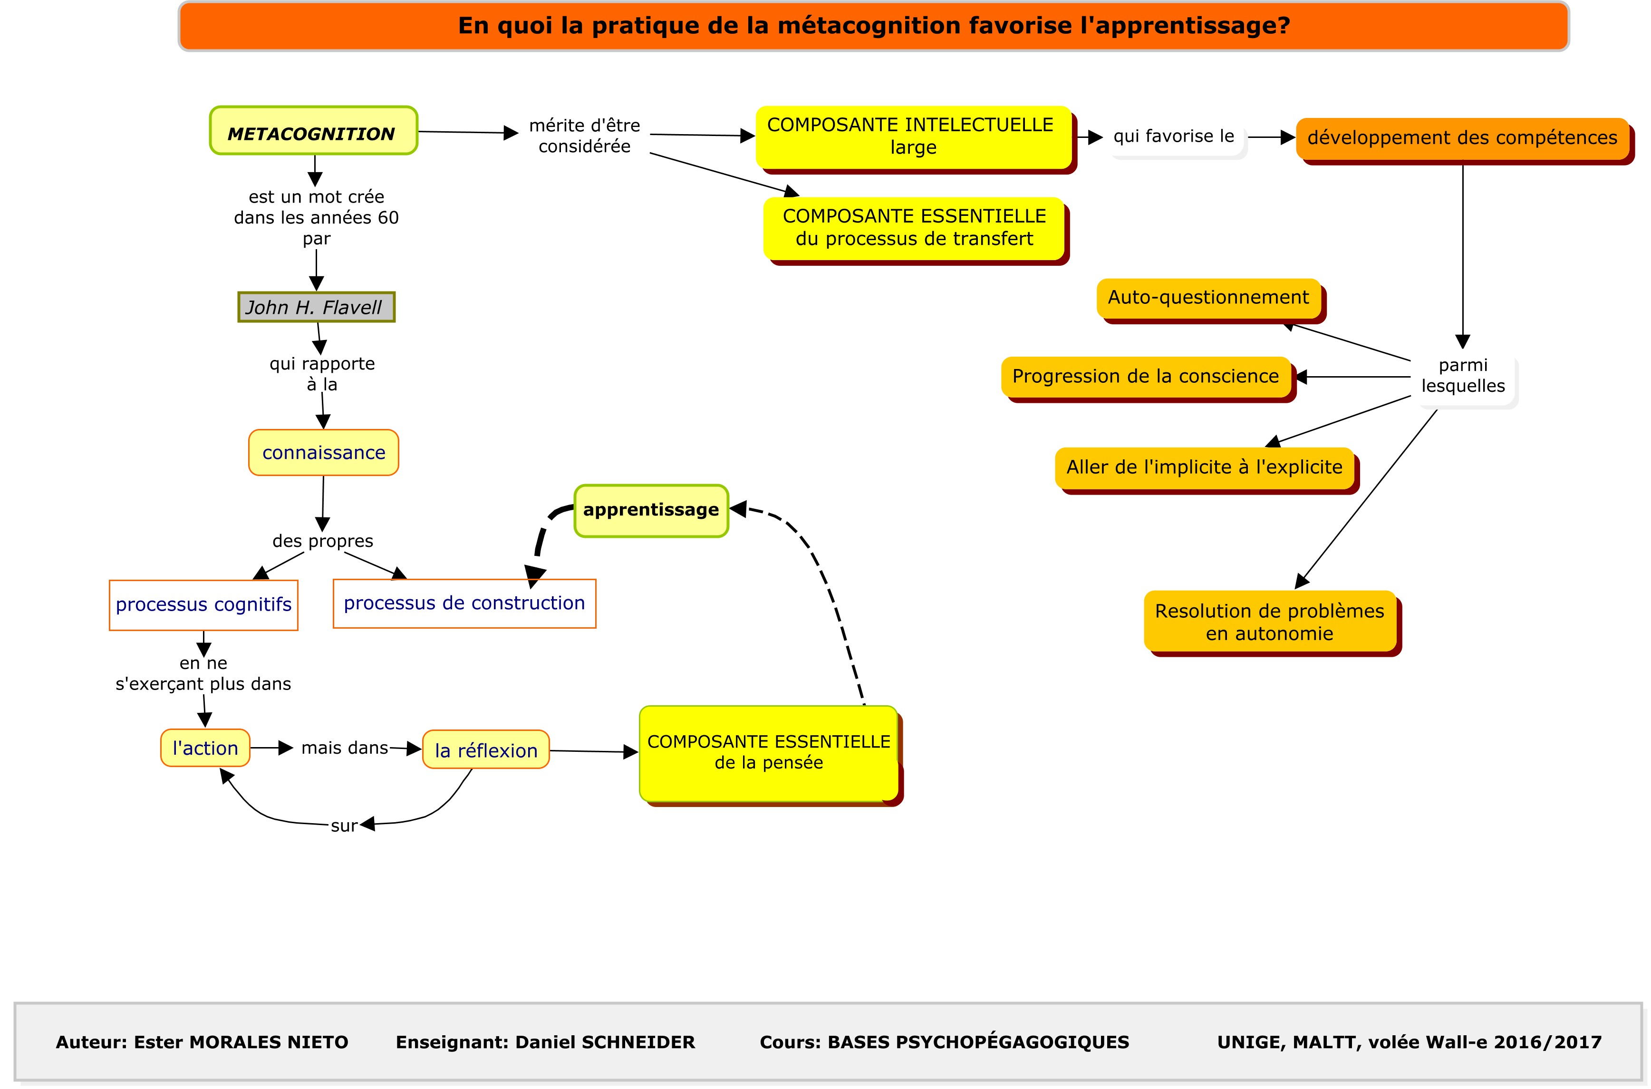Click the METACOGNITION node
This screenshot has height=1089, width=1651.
(314, 131)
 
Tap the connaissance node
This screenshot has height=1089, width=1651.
(324, 453)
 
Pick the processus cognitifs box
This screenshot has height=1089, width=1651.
(203, 605)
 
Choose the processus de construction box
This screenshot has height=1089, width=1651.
(464, 603)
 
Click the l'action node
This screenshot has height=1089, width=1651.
(205, 748)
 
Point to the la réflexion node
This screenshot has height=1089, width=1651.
(486, 749)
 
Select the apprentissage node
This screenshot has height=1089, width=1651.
(651, 510)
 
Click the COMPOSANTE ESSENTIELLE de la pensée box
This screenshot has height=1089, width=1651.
(769, 754)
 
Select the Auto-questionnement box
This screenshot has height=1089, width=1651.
(1209, 299)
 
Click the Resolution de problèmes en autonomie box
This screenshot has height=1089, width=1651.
(1271, 622)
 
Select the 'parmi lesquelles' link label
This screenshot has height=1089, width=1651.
(1463, 376)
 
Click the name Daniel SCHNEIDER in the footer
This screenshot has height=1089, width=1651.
(605, 1042)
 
